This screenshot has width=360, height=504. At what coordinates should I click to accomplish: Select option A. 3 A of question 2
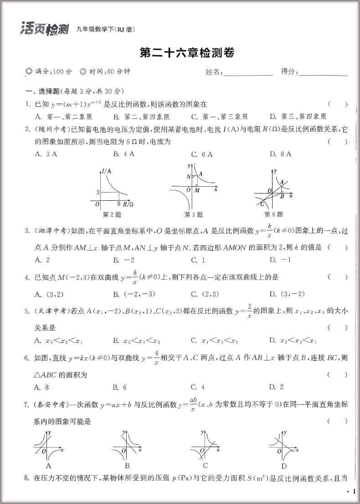(x=46, y=154)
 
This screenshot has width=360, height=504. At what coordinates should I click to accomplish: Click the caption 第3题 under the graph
(x=193, y=214)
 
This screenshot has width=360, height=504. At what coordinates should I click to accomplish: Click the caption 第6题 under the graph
(x=273, y=214)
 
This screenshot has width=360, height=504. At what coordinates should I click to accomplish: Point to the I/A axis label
(x=107, y=171)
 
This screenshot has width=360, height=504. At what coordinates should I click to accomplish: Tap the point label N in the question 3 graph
(x=188, y=176)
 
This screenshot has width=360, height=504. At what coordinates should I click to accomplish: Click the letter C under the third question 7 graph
(x=206, y=465)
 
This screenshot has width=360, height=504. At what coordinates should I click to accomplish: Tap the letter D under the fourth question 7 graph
(x=283, y=466)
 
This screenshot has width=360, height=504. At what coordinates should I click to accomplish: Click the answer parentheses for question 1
(x=337, y=104)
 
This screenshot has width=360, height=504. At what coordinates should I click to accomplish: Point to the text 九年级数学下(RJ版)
(x=106, y=30)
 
